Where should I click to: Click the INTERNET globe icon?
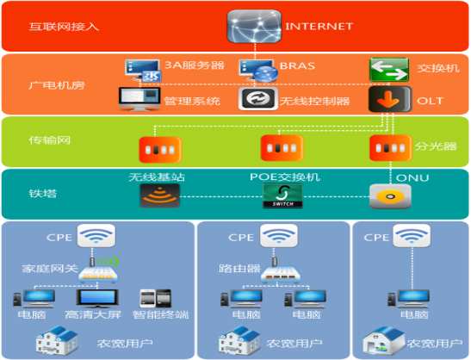click(254, 26)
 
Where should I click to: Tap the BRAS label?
click(297, 65)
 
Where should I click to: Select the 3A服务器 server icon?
click(143, 71)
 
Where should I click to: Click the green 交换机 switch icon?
click(389, 70)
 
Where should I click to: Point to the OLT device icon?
click(390, 99)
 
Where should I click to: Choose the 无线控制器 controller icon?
click(258, 98)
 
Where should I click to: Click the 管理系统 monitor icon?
click(139, 99)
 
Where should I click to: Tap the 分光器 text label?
click(436, 146)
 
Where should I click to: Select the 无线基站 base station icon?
click(160, 196)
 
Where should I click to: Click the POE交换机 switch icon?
click(282, 196)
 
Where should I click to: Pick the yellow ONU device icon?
click(390, 196)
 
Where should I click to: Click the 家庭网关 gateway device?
click(98, 270)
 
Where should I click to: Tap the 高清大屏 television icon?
click(97, 298)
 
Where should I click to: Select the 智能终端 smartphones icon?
click(156, 298)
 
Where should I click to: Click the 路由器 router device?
click(281, 270)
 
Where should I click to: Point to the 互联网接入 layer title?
click(64, 27)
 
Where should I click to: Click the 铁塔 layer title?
click(43, 194)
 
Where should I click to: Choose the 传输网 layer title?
click(50, 140)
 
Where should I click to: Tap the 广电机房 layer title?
click(57, 85)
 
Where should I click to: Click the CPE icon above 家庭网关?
click(96, 236)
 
